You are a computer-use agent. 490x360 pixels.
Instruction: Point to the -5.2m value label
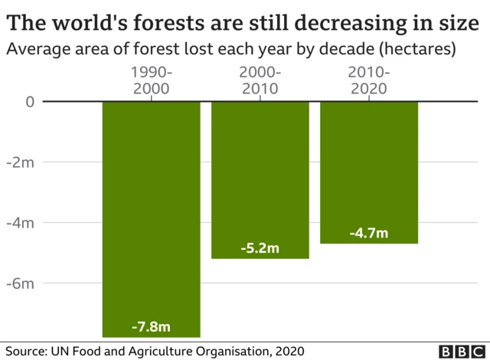[x=260, y=249]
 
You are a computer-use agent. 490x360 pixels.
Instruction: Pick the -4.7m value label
[x=369, y=233]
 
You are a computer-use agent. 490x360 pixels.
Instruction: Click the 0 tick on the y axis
[x=29, y=102]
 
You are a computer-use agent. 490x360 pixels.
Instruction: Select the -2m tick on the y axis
[x=23, y=162]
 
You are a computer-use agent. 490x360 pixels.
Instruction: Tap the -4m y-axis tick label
[x=23, y=223]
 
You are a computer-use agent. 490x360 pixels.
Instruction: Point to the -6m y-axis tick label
[x=23, y=283]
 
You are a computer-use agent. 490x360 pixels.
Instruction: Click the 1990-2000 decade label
[x=151, y=80]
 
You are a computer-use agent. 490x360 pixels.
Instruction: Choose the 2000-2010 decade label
[x=260, y=80]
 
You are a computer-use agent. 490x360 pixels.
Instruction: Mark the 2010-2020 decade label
[x=369, y=80]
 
